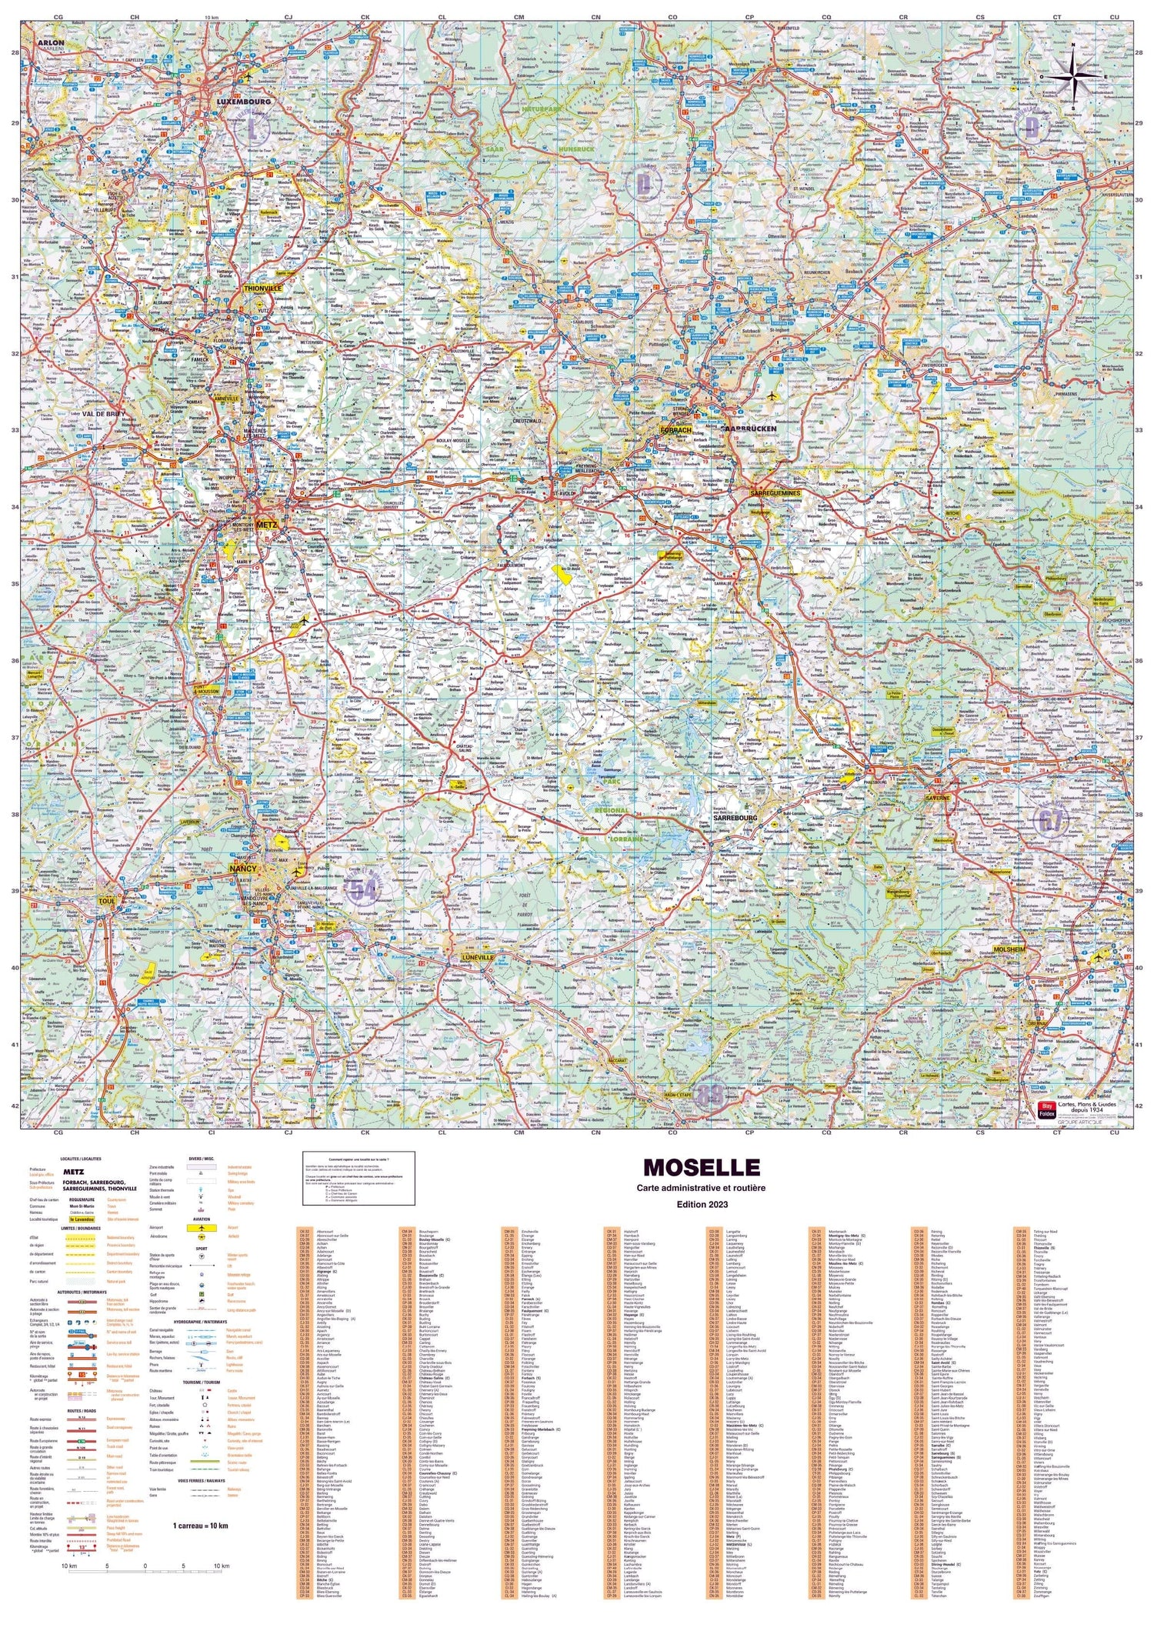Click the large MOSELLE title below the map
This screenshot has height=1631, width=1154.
pos(701,1168)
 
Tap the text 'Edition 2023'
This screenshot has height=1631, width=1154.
pos(701,1204)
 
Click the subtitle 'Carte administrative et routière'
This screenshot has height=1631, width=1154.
pos(701,1188)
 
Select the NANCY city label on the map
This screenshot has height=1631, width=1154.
pos(243,869)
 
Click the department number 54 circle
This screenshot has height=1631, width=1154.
pos(364,891)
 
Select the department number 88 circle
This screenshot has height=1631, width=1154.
pos(710,1094)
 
